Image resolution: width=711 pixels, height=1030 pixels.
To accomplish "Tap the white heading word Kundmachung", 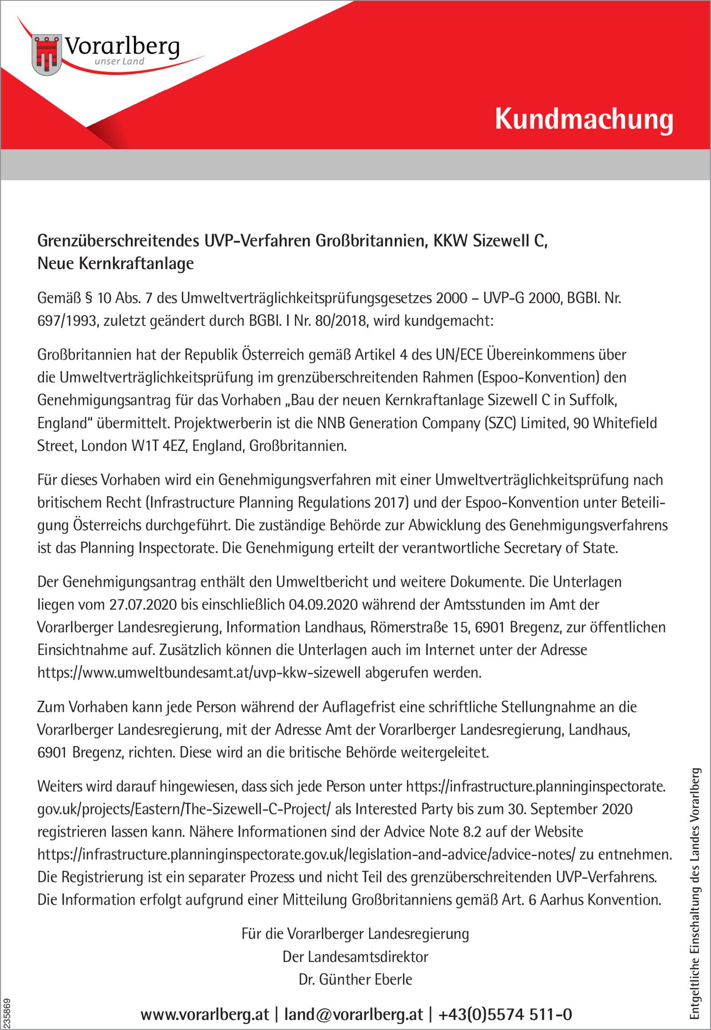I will (x=584, y=119).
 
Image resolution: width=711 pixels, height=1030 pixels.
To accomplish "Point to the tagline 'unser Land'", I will (x=119, y=61).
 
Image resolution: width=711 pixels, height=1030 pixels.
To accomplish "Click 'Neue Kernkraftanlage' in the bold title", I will (x=115, y=263).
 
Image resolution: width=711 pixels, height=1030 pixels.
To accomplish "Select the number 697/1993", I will (x=67, y=321).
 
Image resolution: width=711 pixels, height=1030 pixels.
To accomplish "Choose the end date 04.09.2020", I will (x=323, y=605).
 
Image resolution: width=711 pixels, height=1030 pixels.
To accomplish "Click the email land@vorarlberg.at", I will (x=353, y=1015).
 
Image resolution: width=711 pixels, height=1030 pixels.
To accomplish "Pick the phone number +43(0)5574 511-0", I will (x=505, y=1015).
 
